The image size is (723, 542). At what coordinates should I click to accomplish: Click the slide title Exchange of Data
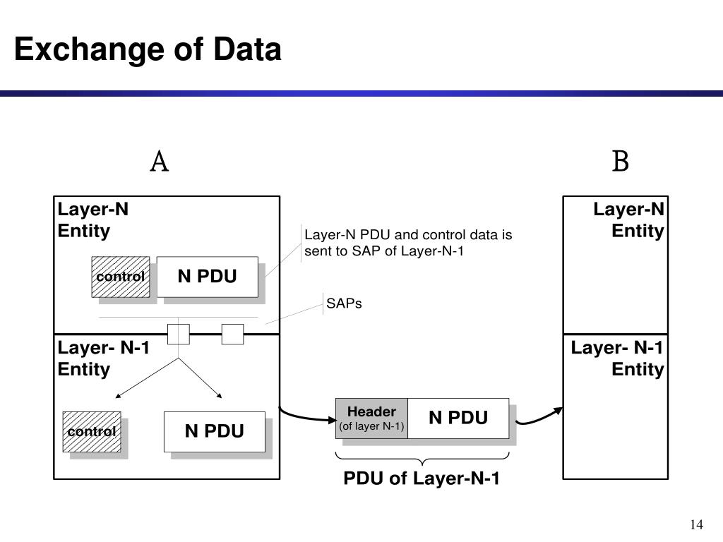(x=148, y=49)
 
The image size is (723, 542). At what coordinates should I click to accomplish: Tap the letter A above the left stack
(x=160, y=162)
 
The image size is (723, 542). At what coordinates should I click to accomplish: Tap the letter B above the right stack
(x=620, y=162)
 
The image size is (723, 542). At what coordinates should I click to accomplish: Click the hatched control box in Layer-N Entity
(x=120, y=277)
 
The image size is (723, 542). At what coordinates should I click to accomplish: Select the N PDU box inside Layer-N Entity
(x=208, y=277)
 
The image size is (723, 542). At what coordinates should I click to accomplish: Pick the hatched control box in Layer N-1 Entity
(x=92, y=431)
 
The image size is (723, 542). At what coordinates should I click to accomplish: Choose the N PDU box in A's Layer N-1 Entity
(x=215, y=431)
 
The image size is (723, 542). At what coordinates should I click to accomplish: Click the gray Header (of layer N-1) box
(x=371, y=418)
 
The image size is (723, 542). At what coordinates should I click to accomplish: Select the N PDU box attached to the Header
(x=458, y=418)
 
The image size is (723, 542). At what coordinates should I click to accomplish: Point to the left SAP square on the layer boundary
(x=179, y=334)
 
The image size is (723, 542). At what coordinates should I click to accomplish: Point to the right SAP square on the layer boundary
(x=232, y=334)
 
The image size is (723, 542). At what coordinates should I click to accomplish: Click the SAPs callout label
(x=344, y=303)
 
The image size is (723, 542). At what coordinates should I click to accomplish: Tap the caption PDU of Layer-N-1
(x=422, y=478)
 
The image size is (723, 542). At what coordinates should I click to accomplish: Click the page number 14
(x=696, y=524)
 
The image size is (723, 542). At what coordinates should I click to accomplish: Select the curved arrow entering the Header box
(x=306, y=416)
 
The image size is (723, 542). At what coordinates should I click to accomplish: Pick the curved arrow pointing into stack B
(x=539, y=416)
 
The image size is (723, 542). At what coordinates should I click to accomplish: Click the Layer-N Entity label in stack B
(x=628, y=220)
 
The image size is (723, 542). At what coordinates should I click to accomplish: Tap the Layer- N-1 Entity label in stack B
(x=617, y=359)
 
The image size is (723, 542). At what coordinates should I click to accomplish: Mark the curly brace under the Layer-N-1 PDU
(x=422, y=459)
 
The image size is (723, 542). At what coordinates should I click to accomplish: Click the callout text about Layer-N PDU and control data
(x=408, y=243)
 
